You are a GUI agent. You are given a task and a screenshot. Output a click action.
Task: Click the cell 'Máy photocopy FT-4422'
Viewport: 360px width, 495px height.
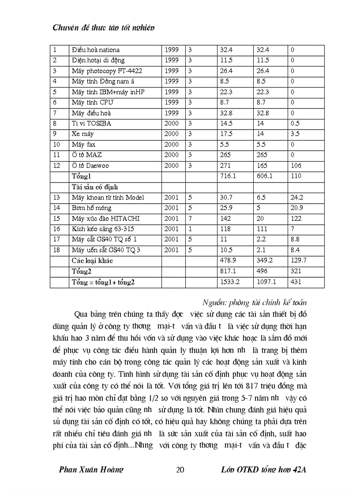[x=107, y=71]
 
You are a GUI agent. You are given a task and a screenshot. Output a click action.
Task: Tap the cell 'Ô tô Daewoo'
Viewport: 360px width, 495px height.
[x=90, y=166]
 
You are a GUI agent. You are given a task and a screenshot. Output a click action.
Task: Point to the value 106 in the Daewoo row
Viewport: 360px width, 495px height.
[x=296, y=166]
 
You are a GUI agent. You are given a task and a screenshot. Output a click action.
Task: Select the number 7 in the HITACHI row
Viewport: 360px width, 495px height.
[x=190, y=219]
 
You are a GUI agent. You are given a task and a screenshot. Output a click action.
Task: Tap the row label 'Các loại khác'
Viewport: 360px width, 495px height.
[x=92, y=261]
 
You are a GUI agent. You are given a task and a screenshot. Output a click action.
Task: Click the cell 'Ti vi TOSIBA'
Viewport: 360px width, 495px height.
[x=91, y=123]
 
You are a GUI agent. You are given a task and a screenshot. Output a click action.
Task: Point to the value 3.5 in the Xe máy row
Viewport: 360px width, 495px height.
[x=295, y=134]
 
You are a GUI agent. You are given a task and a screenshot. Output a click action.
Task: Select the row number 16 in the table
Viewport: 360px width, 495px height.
[x=56, y=229]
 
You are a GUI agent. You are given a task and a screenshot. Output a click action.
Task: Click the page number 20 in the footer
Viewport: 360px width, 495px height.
[x=180, y=470]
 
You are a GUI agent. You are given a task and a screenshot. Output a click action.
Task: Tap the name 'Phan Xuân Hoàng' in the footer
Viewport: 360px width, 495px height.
[x=91, y=470]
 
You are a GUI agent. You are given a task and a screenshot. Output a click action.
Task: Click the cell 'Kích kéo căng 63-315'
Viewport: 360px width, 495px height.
[x=103, y=229]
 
